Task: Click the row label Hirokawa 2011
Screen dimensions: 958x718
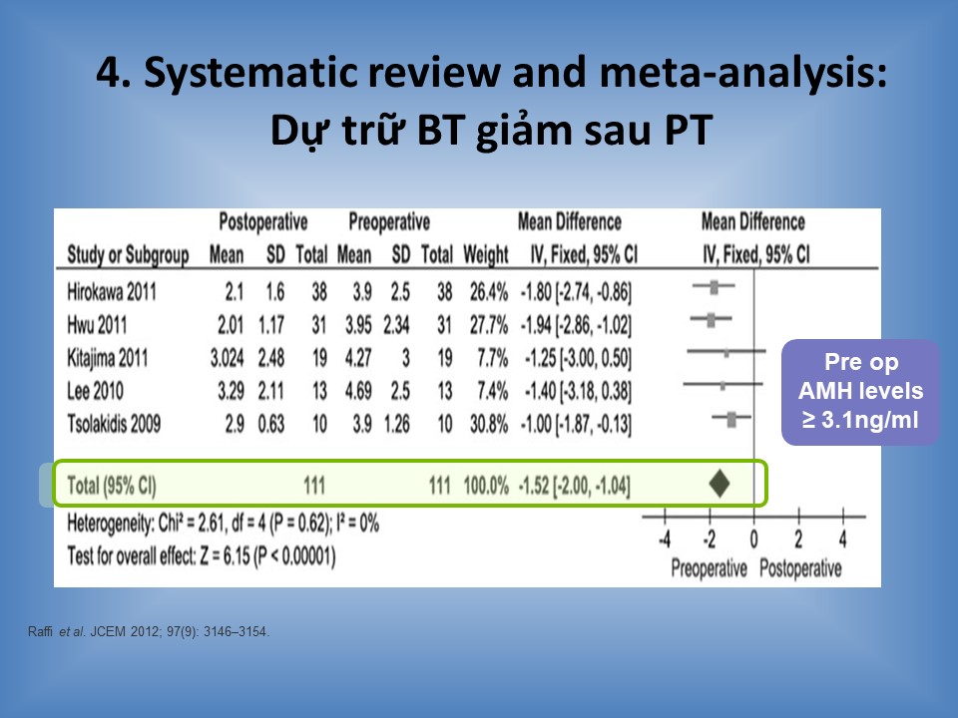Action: click(112, 292)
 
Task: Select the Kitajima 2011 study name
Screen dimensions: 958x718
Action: click(108, 358)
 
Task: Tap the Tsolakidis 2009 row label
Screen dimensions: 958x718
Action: click(114, 423)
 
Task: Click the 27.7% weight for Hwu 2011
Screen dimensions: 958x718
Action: click(489, 325)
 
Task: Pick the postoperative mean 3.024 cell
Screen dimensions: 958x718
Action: click(227, 358)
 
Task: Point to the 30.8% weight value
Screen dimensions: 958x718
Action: click(489, 423)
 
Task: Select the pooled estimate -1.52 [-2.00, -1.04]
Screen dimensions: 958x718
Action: click(575, 486)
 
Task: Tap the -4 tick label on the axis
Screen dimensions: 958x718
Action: click(665, 539)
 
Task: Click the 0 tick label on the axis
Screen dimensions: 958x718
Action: click(754, 539)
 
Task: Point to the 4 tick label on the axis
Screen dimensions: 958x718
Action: click(843, 539)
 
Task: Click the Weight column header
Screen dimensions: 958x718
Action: click(486, 254)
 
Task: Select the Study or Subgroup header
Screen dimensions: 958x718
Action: click(128, 254)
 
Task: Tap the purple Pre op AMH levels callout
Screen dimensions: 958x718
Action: click(860, 391)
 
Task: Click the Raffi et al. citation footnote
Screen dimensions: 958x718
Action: click(149, 632)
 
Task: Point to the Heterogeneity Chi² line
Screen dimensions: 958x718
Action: click(223, 524)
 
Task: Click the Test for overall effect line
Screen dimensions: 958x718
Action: click(201, 556)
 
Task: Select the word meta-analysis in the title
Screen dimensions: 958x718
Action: click(742, 73)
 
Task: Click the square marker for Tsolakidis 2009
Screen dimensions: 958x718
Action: click(731, 419)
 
